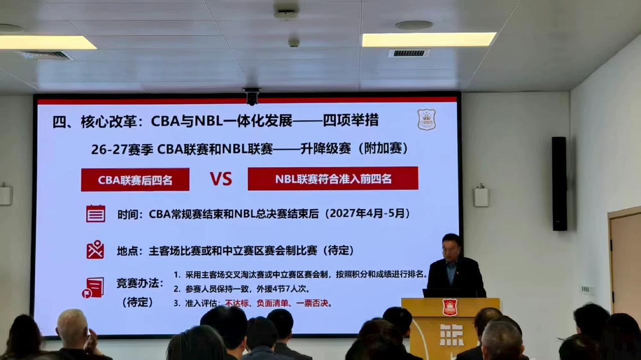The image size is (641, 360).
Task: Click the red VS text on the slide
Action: pyautogui.click(x=221, y=179)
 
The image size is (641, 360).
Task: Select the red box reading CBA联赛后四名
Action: pyautogui.click(x=135, y=180)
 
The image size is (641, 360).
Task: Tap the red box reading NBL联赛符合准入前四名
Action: pyautogui.click(x=333, y=179)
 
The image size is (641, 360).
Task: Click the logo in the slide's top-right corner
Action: pyautogui.click(x=426, y=120)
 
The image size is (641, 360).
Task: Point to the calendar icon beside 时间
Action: pyautogui.click(x=96, y=213)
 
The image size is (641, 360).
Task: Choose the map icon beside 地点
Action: pyautogui.click(x=95, y=249)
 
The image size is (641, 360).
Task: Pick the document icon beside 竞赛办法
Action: pyautogui.click(x=94, y=287)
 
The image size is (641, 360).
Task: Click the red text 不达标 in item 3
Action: pyautogui.click(x=237, y=303)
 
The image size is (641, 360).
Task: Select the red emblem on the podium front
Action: pyautogui.click(x=450, y=307)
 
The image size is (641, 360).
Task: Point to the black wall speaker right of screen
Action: pyautogui.click(x=559, y=183)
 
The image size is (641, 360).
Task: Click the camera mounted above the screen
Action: pyautogui.click(x=251, y=96)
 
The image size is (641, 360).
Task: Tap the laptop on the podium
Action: pyautogui.click(x=441, y=293)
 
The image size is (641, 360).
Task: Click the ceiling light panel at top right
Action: pyautogui.click(x=429, y=40)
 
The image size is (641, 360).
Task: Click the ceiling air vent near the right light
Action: pyautogui.click(x=409, y=53)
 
